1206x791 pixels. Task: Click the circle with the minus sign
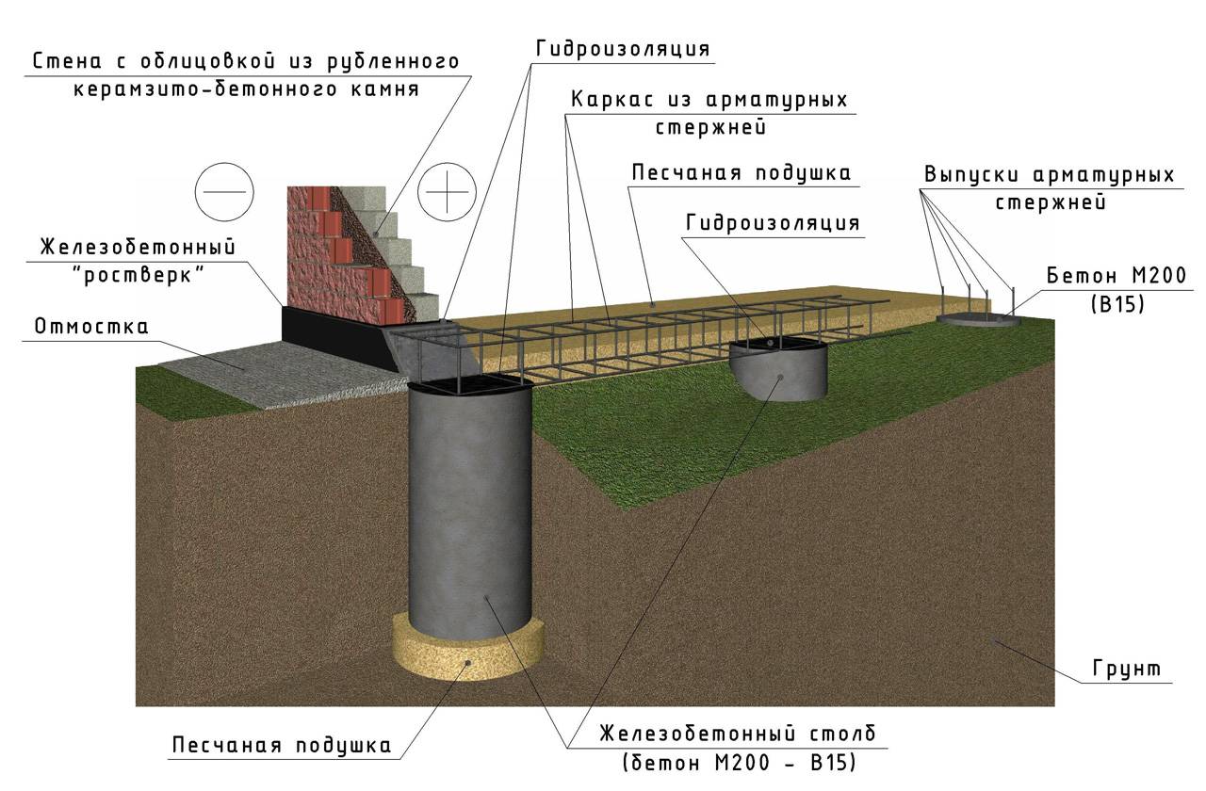pyautogui.click(x=224, y=190)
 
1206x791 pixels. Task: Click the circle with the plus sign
pyautogui.click(x=448, y=190)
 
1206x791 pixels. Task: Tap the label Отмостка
pyautogui.click(x=91, y=328)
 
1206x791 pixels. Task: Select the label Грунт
pyautogui.click(x=1127, y=670)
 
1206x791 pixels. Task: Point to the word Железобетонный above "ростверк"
pyautogui.click(x=137, y=248)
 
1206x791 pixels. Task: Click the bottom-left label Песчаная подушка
pyautogui.click(x=281, y=746)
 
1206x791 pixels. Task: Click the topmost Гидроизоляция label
pyautogui.click(x=622, y=49)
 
